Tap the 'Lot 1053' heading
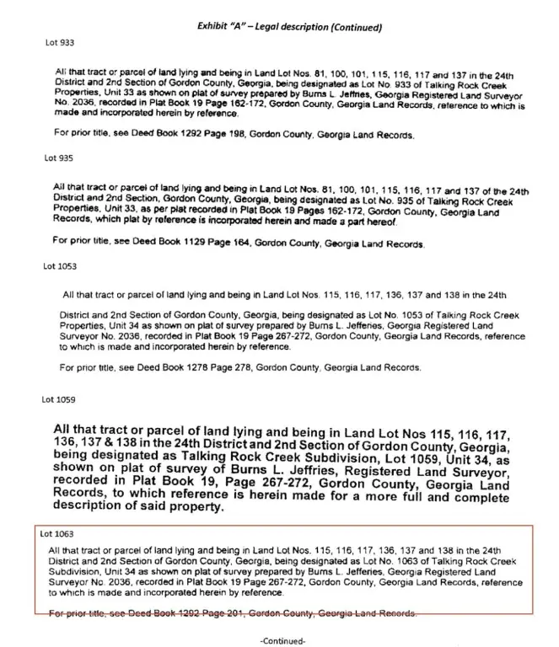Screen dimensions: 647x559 [x=60, y=266]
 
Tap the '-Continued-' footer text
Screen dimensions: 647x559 [x=282, y=640]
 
